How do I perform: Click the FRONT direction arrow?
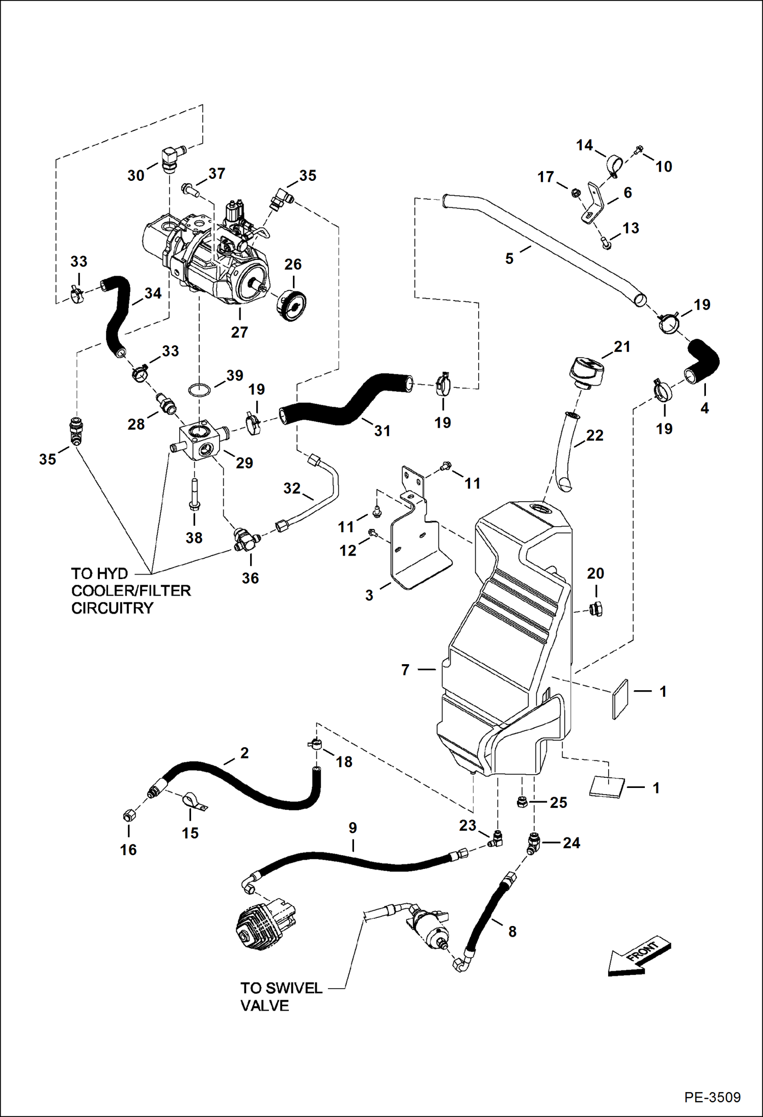639,956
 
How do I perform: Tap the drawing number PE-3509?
712,1097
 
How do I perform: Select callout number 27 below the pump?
239,332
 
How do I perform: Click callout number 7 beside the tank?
405,669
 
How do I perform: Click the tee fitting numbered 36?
244,540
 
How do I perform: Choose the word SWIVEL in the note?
295,988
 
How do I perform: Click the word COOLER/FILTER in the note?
131,591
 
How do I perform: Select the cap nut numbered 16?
129,815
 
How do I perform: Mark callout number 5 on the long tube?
509,259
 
